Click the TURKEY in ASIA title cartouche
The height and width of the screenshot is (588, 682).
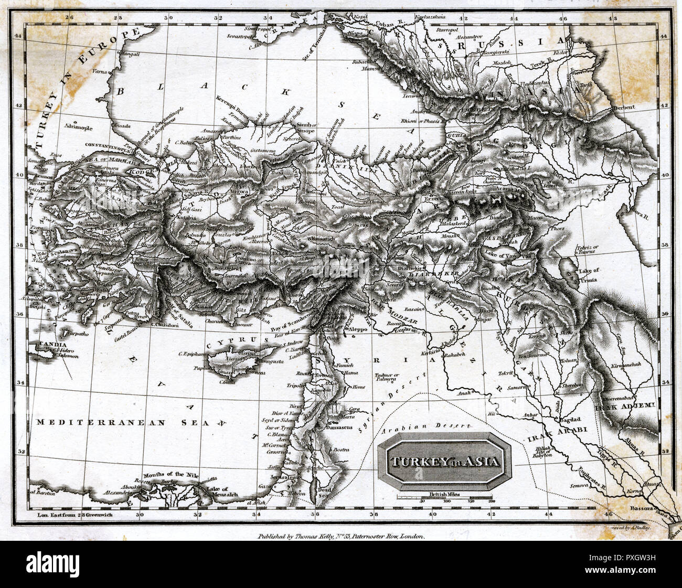tap(444, 463)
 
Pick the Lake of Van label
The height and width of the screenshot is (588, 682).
tap(501, 255)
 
